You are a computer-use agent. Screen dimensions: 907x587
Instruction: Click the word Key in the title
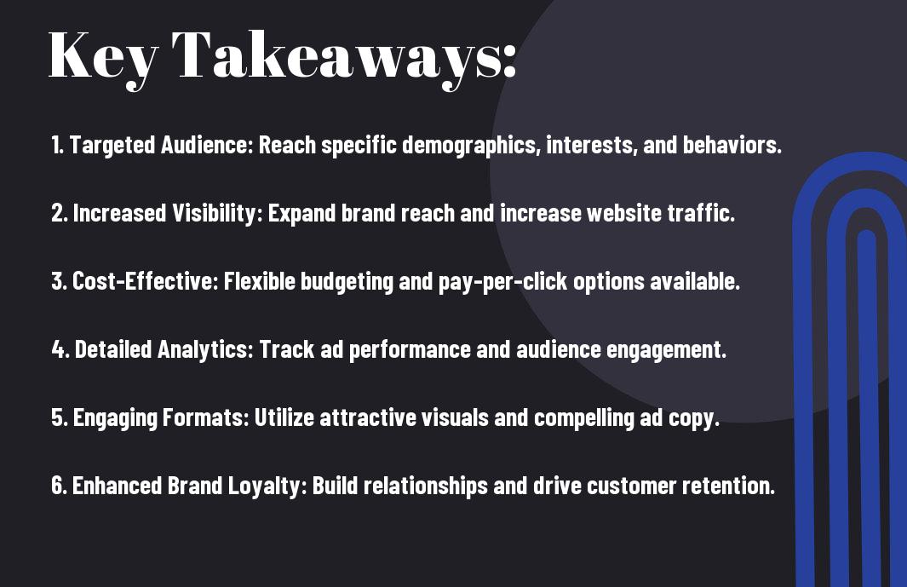point(103,56)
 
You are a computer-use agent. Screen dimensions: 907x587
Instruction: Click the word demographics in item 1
point(471,146)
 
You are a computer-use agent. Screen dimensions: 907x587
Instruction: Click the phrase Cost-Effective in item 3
point(143,281)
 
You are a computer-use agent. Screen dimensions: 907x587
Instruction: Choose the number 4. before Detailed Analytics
point(60,349)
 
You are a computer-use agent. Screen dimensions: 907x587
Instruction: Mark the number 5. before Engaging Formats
point(60,417)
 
